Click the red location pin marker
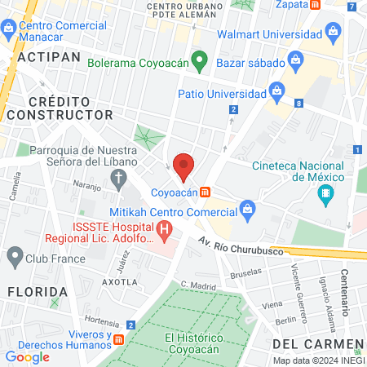click(183, 166)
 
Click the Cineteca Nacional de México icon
click(326, 194)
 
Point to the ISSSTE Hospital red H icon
click(165, 231)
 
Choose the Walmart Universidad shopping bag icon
click(333, 33)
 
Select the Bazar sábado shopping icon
click(296, 60)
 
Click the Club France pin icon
click(14, 259)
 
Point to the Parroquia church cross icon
click(120, 177)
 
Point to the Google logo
click(27, 356)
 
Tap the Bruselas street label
click(246, 275)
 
